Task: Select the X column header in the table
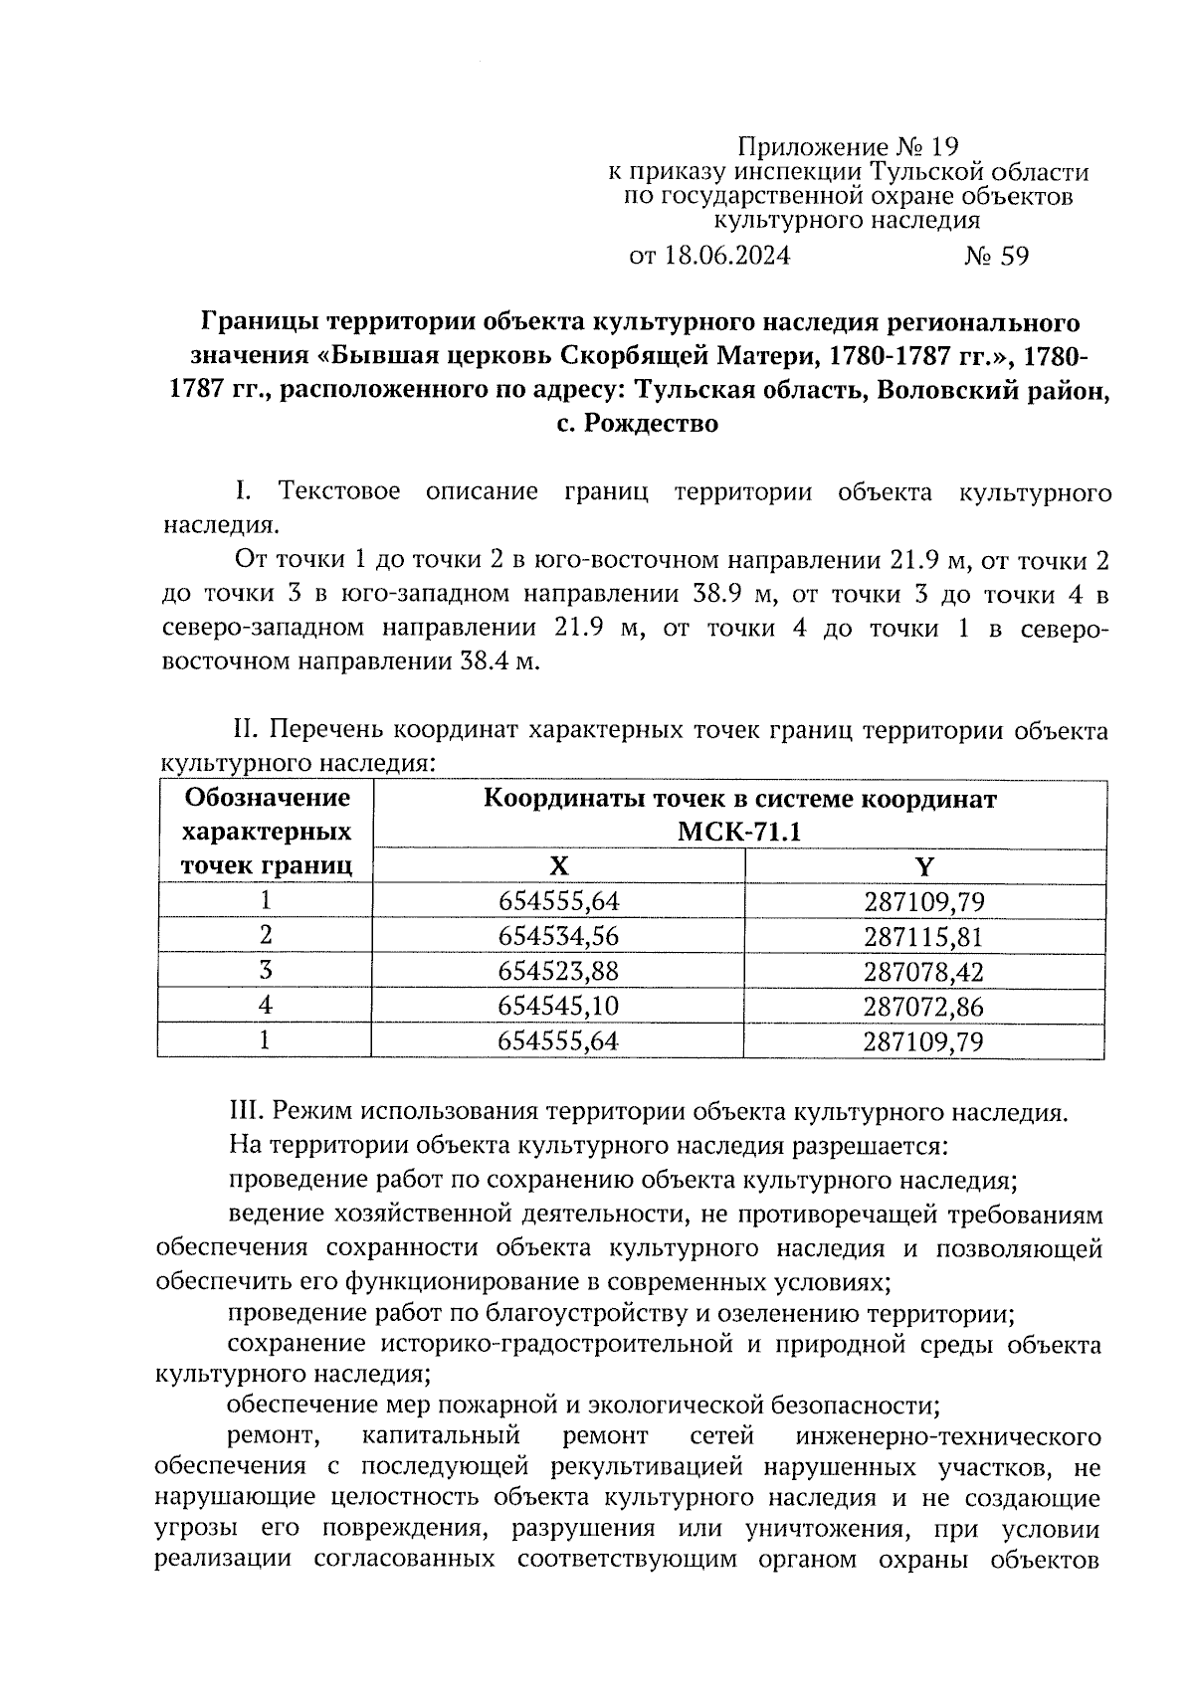point(559,866)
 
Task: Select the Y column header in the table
point(924,866)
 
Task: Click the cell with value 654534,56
point(558,936)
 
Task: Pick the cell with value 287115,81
point(923,936)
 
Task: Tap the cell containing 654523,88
point(558,971)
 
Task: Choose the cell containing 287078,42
point(923,971)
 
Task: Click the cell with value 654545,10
point(558,1006)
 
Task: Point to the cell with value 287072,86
point(923,1006)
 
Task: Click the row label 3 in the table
point(265,971)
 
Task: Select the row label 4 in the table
point(265,1006)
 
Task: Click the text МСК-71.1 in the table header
point(738,832)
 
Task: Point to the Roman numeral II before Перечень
point(246,731)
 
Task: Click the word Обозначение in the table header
point(268,798)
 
